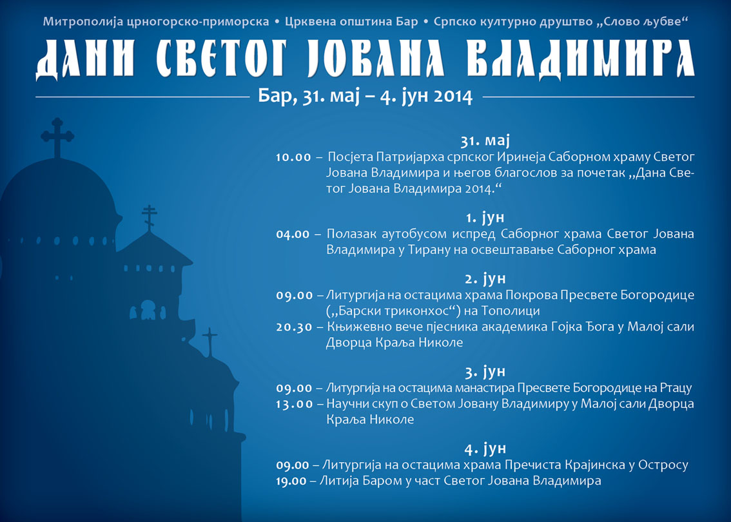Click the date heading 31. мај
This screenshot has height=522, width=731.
pos(485,140)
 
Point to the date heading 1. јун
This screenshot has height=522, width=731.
pos(485,217)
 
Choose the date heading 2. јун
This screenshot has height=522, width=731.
pos(485,278)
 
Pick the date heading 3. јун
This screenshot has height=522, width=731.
pos(485,371)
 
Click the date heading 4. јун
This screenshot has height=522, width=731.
pos(485,449)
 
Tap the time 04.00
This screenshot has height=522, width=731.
pos(293,234)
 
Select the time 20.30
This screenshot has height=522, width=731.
pos(294,327)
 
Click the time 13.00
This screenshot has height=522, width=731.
pos(294,404)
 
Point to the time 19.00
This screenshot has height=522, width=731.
pos(291,481)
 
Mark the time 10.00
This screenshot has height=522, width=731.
pos(293,157)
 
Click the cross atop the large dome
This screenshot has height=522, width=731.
pos(57,137)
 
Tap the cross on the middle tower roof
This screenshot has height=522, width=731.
pos(149,218)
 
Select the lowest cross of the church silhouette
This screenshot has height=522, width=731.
pos(210,342)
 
